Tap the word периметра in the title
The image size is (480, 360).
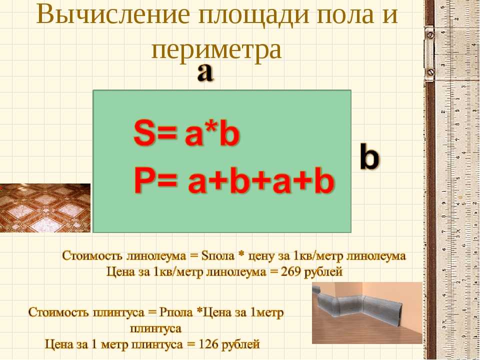[216, 50]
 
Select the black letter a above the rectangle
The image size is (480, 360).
[205, 73]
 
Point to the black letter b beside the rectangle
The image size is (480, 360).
[369, 156]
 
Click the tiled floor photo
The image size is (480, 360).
[45, 208]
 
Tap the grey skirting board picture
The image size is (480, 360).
[367, 313]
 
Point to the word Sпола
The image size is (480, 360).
[217, 256]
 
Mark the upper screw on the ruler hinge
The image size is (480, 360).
[430, 34]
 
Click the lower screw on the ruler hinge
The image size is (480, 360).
[430, 72]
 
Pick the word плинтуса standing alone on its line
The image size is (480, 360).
[156, 329]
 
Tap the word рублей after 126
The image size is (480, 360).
[240, 344]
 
